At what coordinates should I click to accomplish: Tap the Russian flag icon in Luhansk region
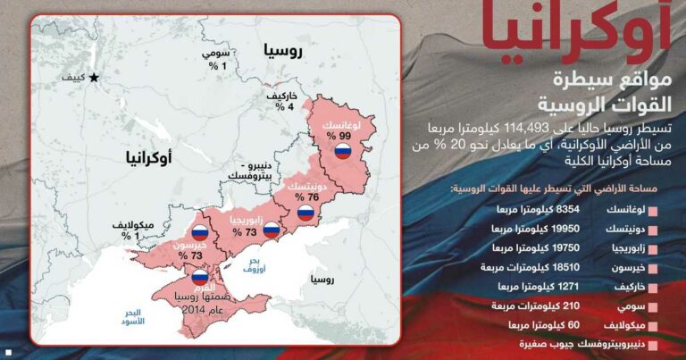click(341, 151)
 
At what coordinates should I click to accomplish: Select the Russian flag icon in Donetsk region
click(305, 213)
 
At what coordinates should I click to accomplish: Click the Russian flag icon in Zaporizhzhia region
click(271, 229)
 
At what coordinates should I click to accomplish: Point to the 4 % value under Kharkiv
click(283, 105)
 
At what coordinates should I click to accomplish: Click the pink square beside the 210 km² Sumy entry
click(653, 306)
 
